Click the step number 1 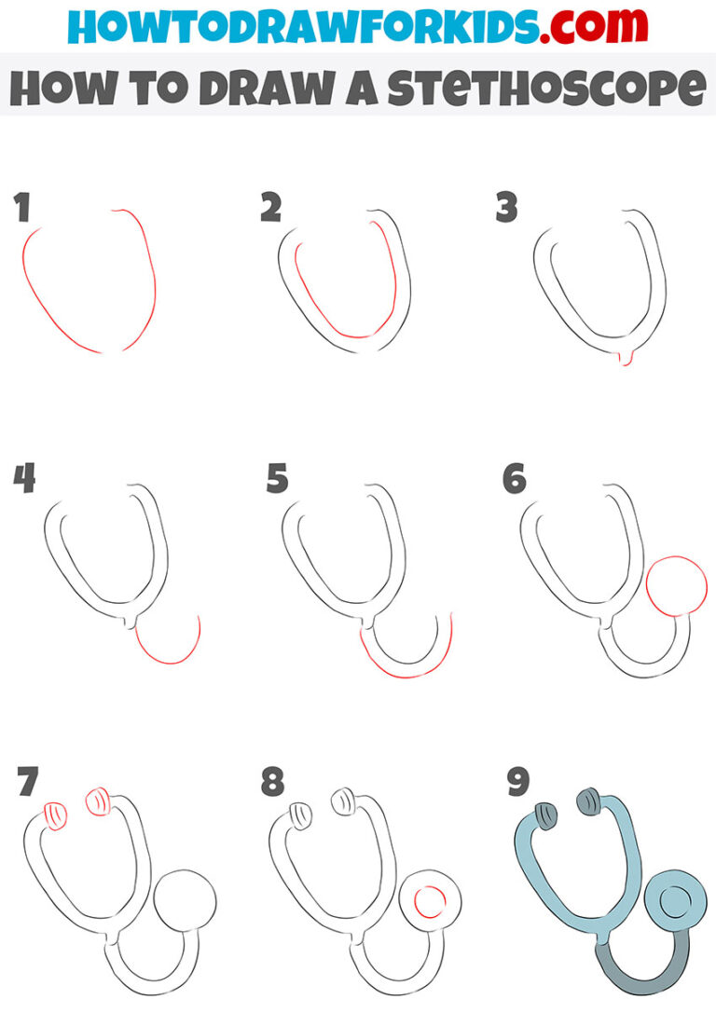pos(22,209)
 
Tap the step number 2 pos(270,209)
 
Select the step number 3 pos(506,209)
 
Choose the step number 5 pos(277,480)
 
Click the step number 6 pos(514,480)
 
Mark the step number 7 pos(27,783)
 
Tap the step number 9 pos(518,783)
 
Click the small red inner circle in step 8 pos(430,901)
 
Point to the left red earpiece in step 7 pos(57,815)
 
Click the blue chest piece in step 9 pos(675,900)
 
